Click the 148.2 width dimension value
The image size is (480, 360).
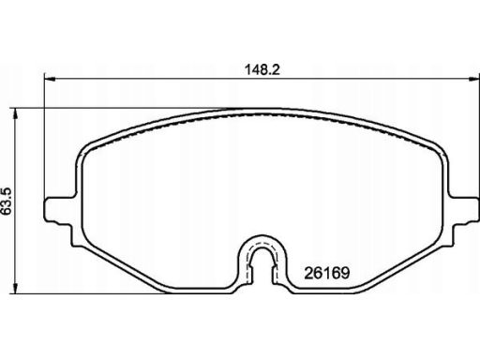tap(262, 69)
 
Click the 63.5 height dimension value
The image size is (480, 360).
tap(7, 202)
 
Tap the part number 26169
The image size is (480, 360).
tap(327, 273)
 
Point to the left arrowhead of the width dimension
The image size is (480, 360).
tap(50, 79)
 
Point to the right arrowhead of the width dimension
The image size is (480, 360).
tap(473, 79)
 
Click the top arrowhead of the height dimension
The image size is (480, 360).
tap(14, 114)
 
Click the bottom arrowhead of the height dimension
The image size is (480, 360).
tap(14, 288)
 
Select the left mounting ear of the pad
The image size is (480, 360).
tap(59, 209)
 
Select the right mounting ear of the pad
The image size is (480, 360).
tap(464, 209)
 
